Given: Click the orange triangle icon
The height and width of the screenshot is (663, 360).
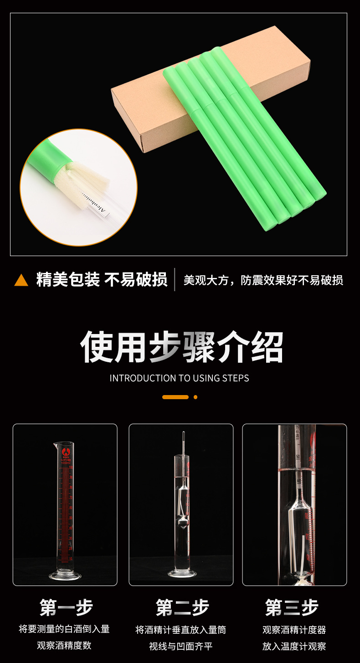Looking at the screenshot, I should tap(21, 280).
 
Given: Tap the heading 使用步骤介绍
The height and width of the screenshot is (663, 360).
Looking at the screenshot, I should tap(182, 347).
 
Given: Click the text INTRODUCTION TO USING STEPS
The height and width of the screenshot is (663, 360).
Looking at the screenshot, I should tap(179, 378).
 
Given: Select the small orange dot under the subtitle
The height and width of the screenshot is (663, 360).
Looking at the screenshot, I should tap(195, 397).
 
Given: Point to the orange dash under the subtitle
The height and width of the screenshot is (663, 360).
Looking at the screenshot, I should tap(175, 397).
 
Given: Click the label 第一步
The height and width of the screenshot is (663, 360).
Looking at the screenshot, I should tap(66, 607).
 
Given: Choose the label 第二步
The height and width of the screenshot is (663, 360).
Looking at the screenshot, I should tap(182, 607).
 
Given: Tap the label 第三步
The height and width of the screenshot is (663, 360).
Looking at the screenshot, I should tap(292, 607).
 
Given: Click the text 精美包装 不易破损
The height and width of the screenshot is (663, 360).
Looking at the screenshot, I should tap(102, 280).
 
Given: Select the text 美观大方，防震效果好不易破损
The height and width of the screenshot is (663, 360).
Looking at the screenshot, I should tap(263, 280).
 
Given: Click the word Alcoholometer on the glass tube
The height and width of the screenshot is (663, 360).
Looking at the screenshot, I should tap(94, 203).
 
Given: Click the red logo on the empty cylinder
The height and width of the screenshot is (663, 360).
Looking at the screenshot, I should tap(65, 453).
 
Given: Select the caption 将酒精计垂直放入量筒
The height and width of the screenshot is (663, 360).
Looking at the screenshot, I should tap(181, 630).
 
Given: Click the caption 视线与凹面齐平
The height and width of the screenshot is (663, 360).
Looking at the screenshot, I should tap(181, 646).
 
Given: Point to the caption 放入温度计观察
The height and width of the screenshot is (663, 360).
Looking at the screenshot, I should tap(294, 646).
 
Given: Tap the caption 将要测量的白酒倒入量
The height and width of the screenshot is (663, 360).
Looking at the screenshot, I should tap(64, 629).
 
